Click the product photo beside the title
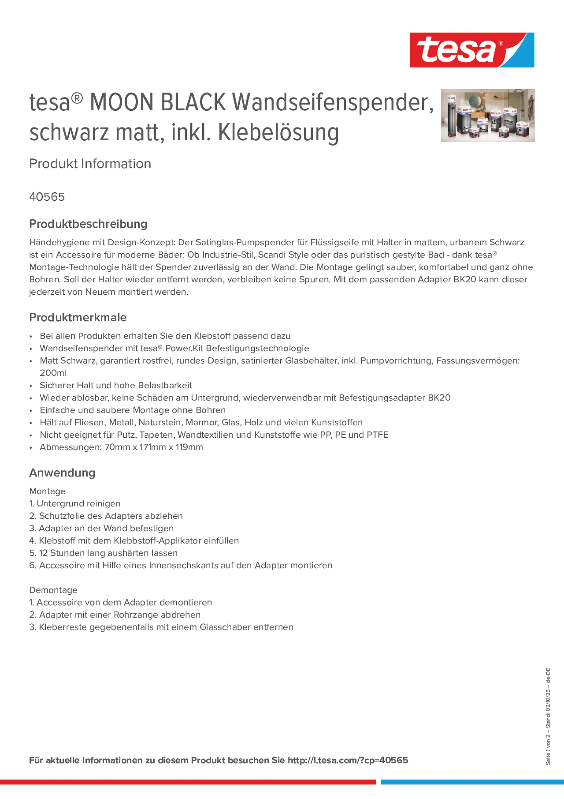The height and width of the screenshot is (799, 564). click(x=487, y=115)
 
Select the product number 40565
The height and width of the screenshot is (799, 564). click(x=47, y=197)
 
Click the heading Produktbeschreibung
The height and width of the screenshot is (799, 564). click(x=88, y=224)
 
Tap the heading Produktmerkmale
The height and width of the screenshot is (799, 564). click(x=78, y=317)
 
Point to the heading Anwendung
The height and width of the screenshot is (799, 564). click(x=62, y=473)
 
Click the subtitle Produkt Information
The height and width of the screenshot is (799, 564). click(x=90, y=164)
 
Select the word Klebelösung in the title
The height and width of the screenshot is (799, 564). click(x=278, y=133)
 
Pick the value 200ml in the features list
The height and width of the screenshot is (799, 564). click(x=53, y=373)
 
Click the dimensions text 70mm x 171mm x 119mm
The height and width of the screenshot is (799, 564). click(x=154, y=447)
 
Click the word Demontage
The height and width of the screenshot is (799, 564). click(x=53, y=590)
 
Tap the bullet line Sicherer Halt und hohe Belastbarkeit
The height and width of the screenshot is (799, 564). click(x=116, y=385)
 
